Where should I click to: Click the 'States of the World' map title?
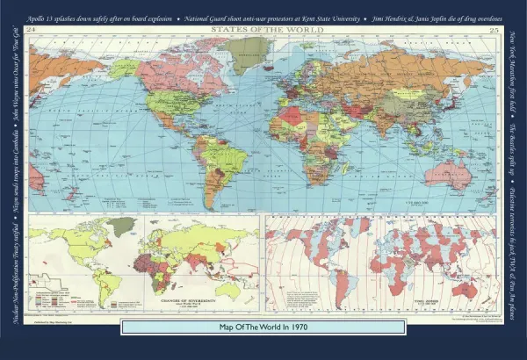[263, 30]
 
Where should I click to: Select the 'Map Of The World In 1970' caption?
[263, 327]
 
